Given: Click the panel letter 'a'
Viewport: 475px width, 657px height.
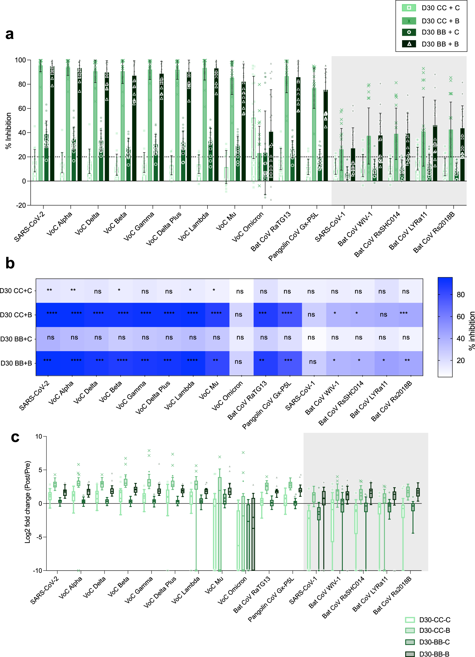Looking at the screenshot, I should (9, 34).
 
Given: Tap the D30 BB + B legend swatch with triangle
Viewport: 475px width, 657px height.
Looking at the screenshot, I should (409, 44).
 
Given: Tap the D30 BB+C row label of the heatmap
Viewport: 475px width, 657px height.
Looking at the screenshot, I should (16, 339).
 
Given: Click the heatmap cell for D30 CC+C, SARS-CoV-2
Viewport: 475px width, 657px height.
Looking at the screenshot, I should (48, 291).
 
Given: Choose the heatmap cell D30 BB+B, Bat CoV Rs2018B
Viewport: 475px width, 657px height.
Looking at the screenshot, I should (410, 363).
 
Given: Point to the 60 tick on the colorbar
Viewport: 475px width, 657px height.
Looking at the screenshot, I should (461, 317).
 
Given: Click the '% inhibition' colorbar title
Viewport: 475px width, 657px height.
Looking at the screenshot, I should (471, 331).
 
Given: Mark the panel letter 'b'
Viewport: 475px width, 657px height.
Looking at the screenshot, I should (10, 263).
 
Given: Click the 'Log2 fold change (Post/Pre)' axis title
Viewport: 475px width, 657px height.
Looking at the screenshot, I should (28, 502).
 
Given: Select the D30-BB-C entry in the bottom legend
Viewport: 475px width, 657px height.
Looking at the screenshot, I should (434, 642).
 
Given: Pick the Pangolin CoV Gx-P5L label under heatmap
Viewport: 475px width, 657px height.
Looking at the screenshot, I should (267, 405).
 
